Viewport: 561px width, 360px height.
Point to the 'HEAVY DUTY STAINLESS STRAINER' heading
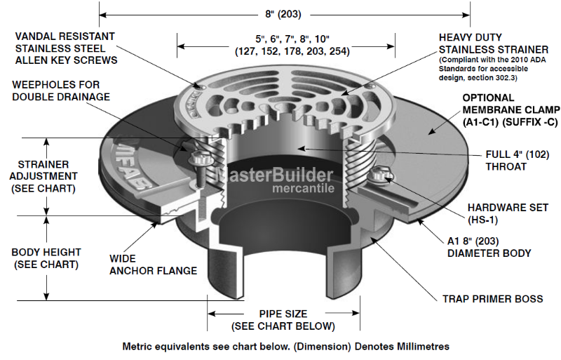coord(494,44)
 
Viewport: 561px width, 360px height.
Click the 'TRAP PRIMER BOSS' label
coord(492,299)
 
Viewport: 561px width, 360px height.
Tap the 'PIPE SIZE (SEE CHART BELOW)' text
coord(283,320)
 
